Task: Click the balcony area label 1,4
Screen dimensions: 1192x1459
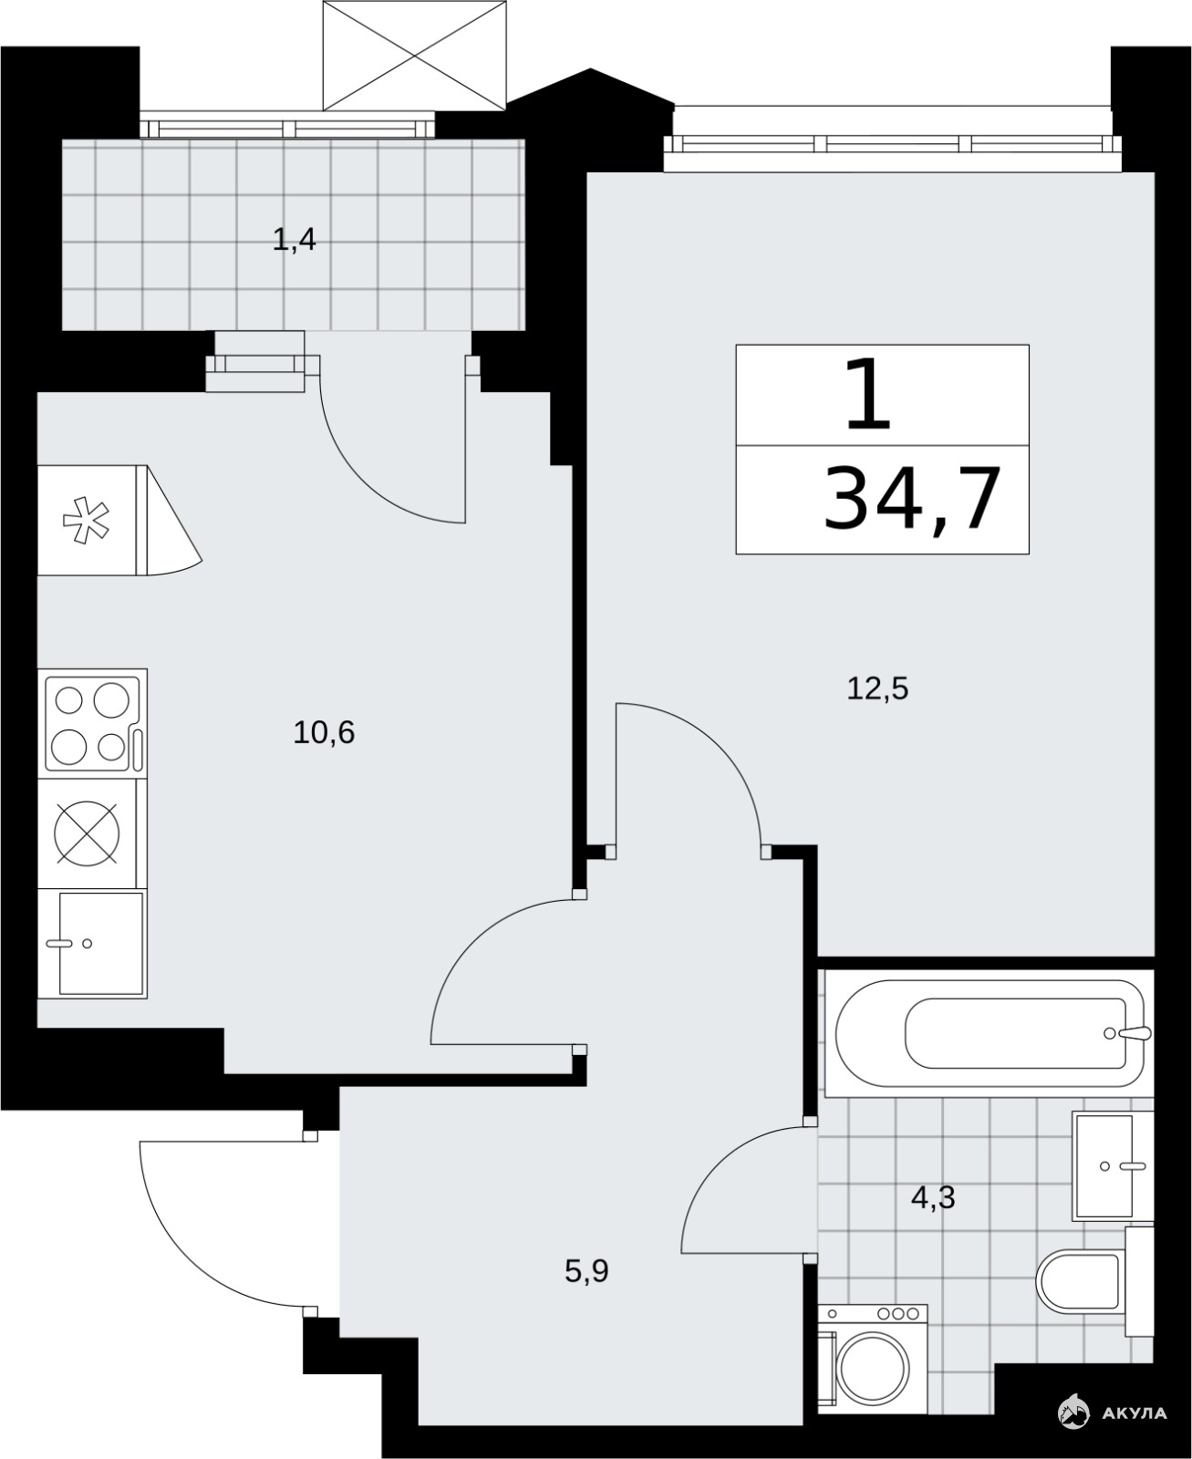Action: tap(294, 239)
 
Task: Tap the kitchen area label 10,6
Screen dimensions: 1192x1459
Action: tap(324, 732)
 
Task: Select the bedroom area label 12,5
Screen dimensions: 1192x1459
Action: tap(877, 688)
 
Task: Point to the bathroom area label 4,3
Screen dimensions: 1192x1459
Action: tap(933, 1196)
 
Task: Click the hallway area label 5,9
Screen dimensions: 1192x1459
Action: tap(586, 1271)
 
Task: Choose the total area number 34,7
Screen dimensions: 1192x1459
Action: tap(912, 499)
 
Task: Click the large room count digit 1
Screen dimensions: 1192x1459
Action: tap(867, 394)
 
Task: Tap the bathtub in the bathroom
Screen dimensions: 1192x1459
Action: tap(990, 1033)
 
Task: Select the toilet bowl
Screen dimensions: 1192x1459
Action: tap(1079, 1280)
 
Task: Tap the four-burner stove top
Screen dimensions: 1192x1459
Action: tap(93, 723)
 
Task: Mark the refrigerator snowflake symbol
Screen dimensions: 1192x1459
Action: tap(86, 519)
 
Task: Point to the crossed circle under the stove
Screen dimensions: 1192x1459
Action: tap(87, 833)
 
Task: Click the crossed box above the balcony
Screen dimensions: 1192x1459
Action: tap(414, 56)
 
